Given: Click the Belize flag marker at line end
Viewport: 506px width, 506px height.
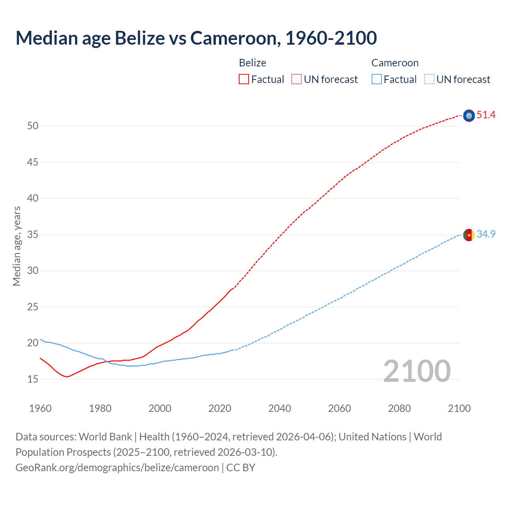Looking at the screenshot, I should (469, 115).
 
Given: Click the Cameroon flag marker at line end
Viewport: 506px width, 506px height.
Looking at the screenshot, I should (469, 235).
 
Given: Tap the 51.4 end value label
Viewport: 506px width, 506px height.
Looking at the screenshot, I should (486, 115).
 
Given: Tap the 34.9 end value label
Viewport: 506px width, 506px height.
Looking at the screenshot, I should (486, 234).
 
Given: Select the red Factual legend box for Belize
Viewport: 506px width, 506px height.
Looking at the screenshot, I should (244, 79).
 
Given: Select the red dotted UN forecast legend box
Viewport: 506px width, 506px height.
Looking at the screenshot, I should (296, 79).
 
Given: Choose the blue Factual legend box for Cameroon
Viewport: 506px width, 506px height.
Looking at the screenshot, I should (376, 79).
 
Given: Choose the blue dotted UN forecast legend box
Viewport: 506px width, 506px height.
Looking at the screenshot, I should (429, 79).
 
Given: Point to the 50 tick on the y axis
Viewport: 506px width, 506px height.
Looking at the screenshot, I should (33, 126).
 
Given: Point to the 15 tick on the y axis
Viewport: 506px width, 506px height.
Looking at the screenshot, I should (33, 379).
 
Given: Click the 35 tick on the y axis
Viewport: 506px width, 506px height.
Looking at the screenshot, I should (33, 235).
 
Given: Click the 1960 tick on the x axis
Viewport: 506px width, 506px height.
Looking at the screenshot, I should (40, 408).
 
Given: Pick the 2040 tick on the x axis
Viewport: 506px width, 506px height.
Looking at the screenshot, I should (279, 408).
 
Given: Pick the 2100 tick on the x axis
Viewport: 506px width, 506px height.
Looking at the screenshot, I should (459, 408).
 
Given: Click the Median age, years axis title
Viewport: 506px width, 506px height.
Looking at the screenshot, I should (17, 246).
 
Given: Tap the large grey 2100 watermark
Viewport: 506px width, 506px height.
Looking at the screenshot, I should (417, 371).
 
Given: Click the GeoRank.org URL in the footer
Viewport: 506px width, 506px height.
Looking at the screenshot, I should (117, 468).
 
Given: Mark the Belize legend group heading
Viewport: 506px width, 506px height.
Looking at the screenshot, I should (253, 63).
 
